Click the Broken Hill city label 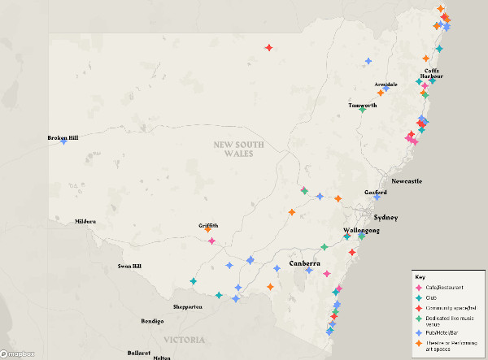[62, 137]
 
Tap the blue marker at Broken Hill [63, 142]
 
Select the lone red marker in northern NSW [268, 48]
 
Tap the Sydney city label [386, 218]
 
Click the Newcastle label [407, 181]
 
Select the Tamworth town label [363, 106]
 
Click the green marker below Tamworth [363, 111]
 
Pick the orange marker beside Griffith [208, 230]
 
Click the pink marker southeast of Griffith [211, 241]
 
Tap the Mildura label [85, 221]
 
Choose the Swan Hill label [129, 266]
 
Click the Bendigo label [152, 321]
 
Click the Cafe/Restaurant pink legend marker [419, 288]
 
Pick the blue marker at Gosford [377, 197]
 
